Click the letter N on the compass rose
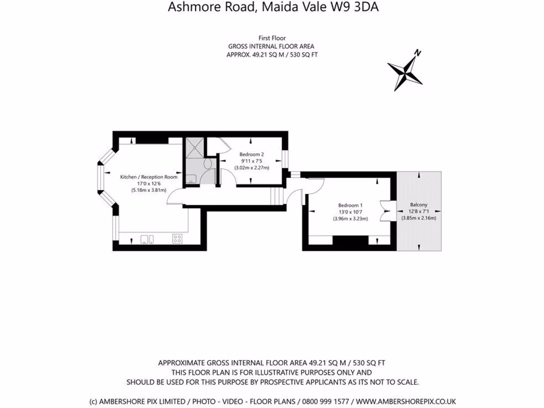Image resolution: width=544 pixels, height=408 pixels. click(418, 53)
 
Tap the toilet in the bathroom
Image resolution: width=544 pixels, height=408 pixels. click(207, 164)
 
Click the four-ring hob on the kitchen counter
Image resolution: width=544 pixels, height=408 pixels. click(177, 239)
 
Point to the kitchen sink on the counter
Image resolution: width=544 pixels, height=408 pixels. click(147, 239)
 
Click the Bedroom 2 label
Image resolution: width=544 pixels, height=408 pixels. click(252, 155)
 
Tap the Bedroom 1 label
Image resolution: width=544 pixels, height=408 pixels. click(351, 205)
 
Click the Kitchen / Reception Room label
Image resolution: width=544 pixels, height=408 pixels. click(149, 177)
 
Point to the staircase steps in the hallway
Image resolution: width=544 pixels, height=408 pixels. click(275, 196)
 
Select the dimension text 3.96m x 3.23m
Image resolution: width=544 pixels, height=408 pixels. click(351, 218)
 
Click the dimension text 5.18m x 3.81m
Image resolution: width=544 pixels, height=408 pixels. click(149, 190)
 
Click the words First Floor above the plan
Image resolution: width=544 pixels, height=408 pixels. click(272, 38)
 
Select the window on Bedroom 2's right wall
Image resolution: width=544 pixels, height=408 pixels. click(285, 158)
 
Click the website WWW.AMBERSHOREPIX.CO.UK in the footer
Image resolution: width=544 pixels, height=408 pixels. click(406, 401)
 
